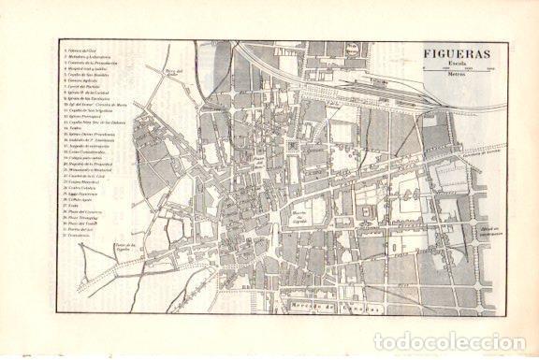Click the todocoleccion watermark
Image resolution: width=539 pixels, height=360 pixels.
[x=449, y=341]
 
